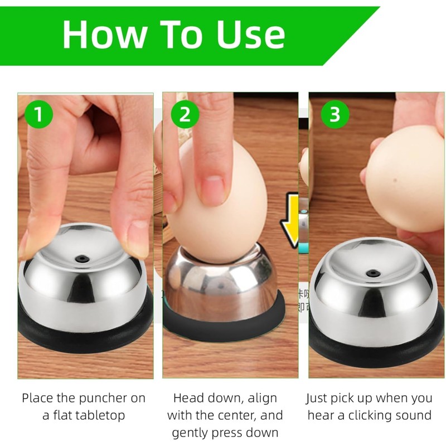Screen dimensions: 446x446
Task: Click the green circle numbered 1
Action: pos(38,114)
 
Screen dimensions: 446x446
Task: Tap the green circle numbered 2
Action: pos(185,114)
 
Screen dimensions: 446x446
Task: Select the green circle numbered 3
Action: pos(335,114)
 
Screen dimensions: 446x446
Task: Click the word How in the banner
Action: pos(105,35)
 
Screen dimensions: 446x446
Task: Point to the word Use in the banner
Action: pos(251,35)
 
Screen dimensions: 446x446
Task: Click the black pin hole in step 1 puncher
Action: pos(82,259)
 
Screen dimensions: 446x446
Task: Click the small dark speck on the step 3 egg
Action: pos(395,180)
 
